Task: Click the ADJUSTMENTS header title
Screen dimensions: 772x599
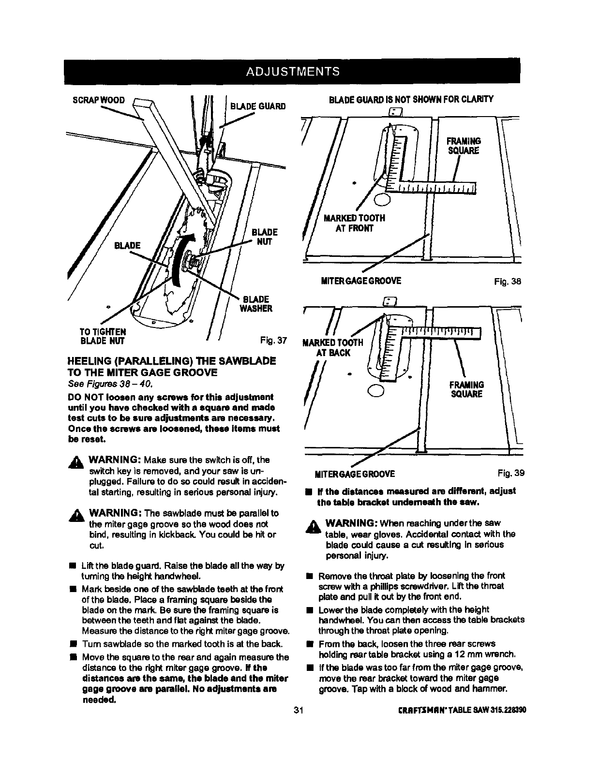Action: point(293,72)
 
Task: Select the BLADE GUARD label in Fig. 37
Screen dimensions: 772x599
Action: point(258,106)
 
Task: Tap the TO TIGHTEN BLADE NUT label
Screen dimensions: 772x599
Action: point(103,336)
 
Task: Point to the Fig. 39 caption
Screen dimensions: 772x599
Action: point(510,473)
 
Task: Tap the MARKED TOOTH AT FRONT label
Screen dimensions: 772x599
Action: point(354,223)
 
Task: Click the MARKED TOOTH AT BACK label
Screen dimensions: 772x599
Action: point(332,347)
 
